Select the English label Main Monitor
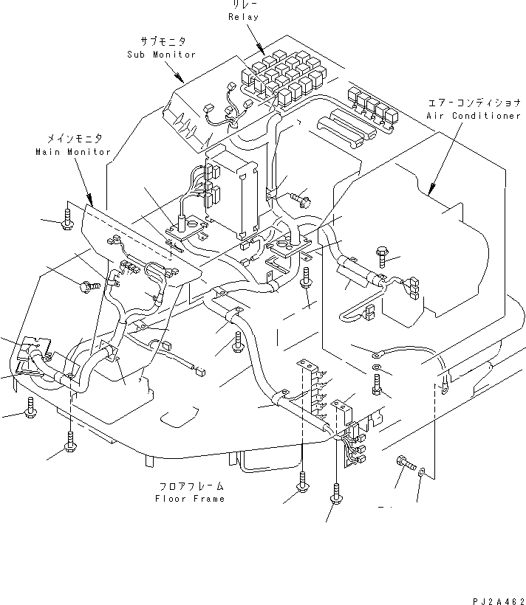72,152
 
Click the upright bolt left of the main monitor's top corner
68,219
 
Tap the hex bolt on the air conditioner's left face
383,255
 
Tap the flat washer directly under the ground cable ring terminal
377,367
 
